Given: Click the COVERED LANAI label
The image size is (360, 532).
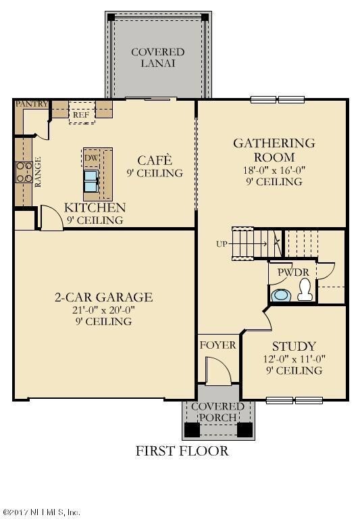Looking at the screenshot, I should (x=157, y=57).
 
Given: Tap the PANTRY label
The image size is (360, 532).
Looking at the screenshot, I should (x=31, y=103).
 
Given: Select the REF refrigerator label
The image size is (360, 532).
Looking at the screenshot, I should (x=81, y=115).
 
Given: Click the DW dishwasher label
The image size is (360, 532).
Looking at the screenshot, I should (x=91, y=158).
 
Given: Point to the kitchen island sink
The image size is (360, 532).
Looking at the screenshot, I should (x=91, y=180).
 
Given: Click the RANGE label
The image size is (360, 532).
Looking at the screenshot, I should (x=38, y=172).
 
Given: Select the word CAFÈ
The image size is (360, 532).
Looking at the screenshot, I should (x=155, y=160).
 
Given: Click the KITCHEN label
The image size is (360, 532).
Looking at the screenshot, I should (x=95, y=208).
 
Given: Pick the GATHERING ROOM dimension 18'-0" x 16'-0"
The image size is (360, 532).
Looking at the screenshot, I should (x=274, y=170).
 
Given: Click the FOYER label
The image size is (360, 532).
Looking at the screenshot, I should (x=217, y=345).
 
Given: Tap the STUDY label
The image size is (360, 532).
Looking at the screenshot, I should (x=294, y=346).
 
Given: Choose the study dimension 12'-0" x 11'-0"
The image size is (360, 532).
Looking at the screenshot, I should (x=294, y=359).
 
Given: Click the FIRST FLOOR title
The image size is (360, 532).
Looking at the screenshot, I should (x=182, y=451).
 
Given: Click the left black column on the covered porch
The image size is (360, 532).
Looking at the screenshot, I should (x=192, y=429).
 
